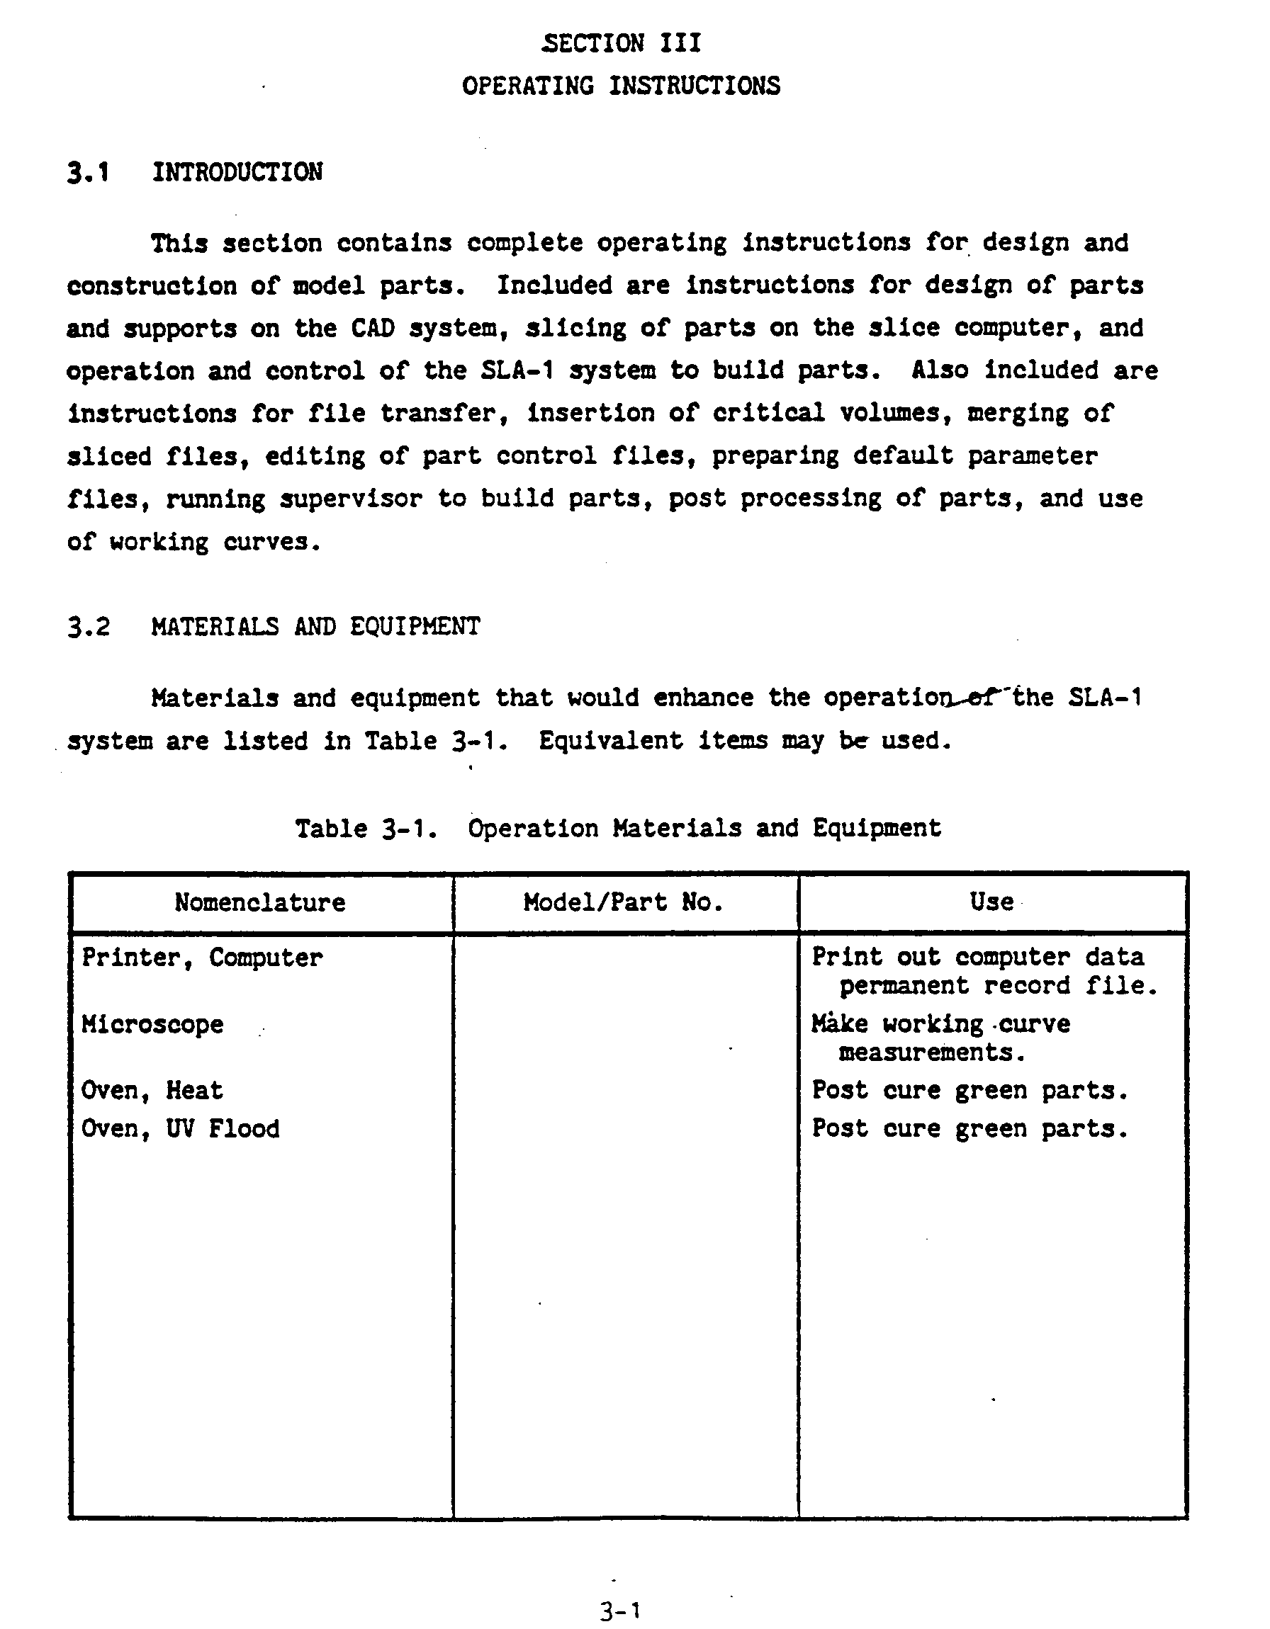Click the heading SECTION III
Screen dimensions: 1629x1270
(622, 43)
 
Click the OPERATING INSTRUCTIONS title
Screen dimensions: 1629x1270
(621, 86)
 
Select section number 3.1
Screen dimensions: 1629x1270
(88, 172)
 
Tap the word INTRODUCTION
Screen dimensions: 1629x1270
(237, 172)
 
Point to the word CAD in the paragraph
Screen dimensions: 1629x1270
(372, 328)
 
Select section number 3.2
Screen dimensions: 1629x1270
(88, 627)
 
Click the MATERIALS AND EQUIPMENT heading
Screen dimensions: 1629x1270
(315, 627)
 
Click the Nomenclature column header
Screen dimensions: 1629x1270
(259, 902)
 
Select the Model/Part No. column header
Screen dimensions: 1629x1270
(623, 902)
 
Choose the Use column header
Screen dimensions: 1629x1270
(991, 902)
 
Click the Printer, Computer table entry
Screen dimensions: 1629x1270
(202, 958)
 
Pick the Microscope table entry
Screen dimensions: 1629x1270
(152, 1025)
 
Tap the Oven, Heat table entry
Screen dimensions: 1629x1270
(152, 1091)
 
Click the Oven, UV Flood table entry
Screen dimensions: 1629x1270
(181, 1129)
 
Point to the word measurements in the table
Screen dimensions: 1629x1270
(932, 1052)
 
